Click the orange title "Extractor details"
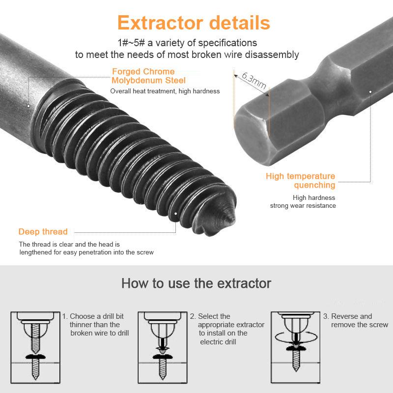click(x=194, y=23)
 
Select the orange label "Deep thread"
click(x=43, y=232)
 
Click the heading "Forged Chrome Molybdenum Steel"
click(x=149, y=76)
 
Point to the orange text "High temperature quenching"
click(x=301, y=180)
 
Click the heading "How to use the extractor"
click(x=196, y=283)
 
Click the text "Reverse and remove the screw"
click(x=359, y=320)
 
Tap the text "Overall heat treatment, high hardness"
click(x=165, y=91)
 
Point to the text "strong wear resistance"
click(x=303, y=205)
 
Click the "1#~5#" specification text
click(x=131, y=43)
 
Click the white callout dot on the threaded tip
click(x=176, y=213)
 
